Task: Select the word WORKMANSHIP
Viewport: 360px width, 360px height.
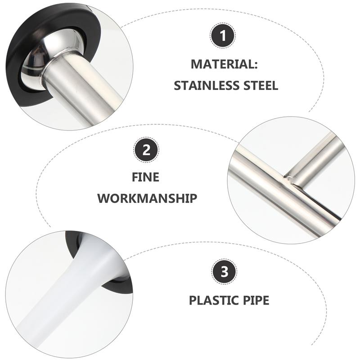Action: (147, 198)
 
